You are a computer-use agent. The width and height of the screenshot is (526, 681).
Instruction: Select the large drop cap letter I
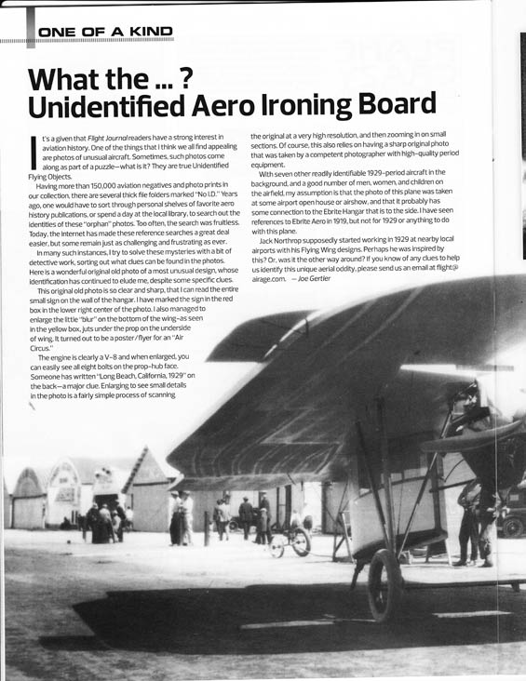coord(33,151)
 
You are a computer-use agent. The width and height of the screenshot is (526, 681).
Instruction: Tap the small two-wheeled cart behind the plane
coord(291,540)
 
